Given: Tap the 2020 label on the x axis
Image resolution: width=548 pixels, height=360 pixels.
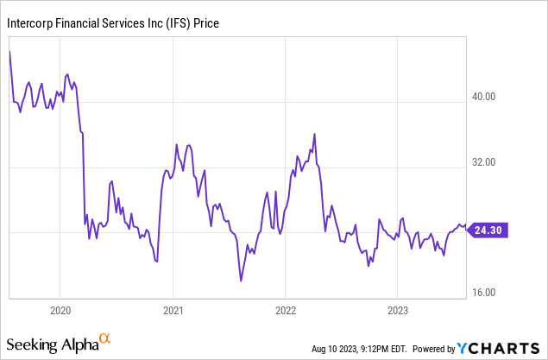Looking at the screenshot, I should click(60, 309).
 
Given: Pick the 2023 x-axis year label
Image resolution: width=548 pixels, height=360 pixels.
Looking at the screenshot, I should click(398, 309).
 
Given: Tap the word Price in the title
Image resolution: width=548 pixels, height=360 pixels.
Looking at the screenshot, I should click(205, 23).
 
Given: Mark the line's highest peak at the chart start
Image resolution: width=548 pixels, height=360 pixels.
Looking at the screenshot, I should click(9, 52).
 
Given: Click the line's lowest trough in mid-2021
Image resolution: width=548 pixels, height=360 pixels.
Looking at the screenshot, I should click(241, 281).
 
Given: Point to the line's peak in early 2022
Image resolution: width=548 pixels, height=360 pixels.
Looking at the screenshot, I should click(314, 134).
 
